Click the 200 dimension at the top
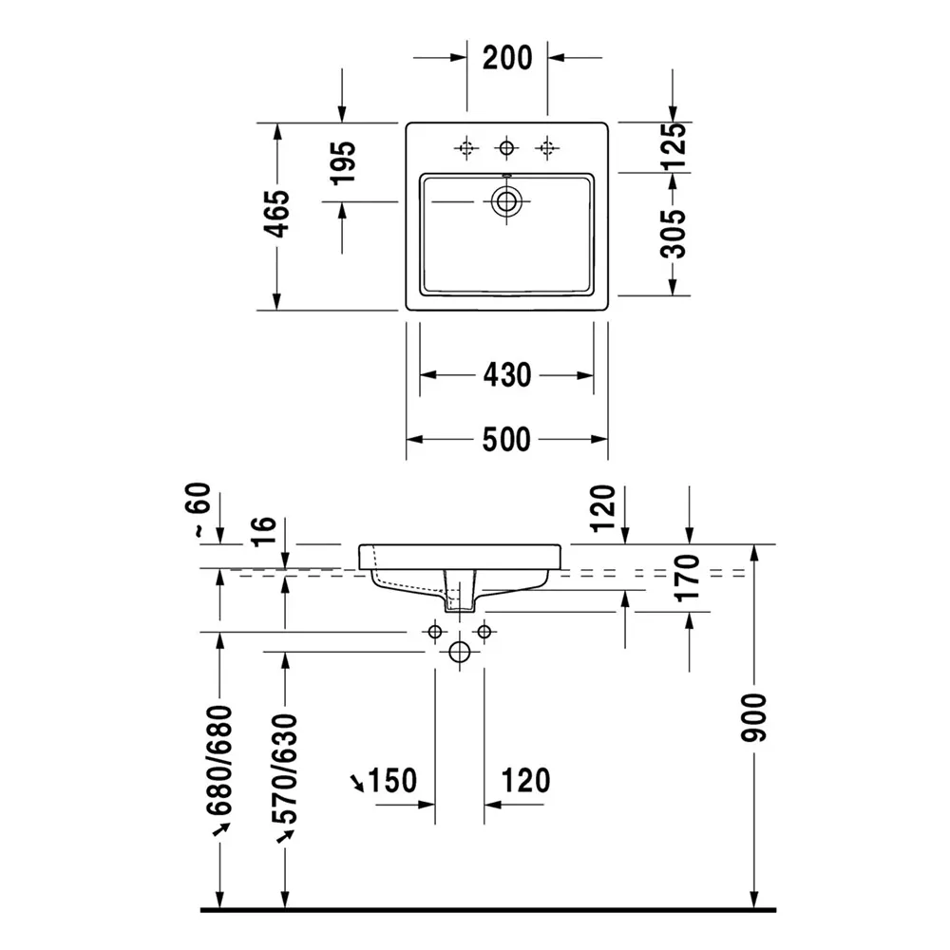point(507,58)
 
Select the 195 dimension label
point(343,162)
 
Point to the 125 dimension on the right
point(673,146)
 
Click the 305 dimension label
point(673,234)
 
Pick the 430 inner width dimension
point(507,375)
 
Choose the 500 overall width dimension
point(506,439)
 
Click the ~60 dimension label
point(201,509)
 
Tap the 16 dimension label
point(264,531)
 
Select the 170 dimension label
point(688,578)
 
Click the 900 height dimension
point(753,718)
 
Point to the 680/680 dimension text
point(219,760)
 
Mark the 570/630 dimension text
point(285,769)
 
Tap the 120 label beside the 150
point(526,780)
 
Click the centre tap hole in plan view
point(506,147)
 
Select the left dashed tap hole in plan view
point(465,147)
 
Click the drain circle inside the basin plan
point(506,200)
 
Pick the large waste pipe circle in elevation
point(459,653)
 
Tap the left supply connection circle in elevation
point(434,632)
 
